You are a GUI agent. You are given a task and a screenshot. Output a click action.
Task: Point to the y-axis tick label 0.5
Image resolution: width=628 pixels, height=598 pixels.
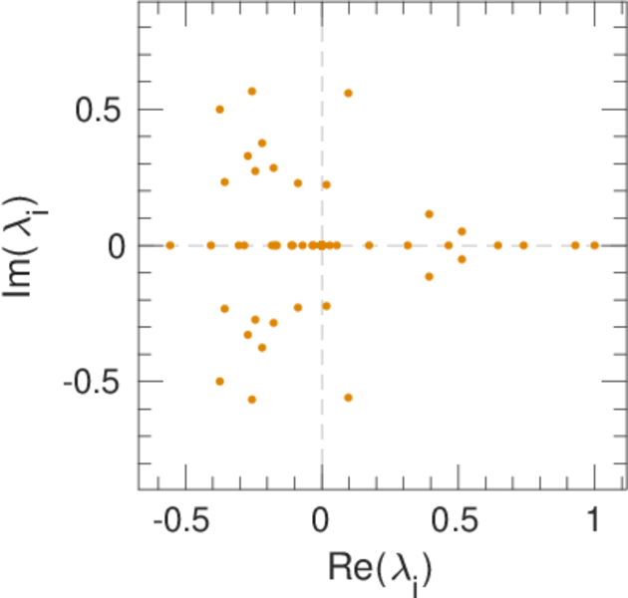click(102, 110)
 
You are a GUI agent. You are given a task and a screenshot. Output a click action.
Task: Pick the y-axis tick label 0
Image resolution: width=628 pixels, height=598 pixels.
click(117, 245)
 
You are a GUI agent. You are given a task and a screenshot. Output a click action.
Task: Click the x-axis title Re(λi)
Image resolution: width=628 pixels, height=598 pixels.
click(381, 568)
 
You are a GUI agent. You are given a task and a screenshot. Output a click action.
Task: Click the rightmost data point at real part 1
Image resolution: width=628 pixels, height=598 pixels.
click(594, 245)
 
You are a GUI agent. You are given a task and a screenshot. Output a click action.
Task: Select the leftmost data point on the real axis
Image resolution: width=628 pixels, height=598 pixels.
click(170, 245)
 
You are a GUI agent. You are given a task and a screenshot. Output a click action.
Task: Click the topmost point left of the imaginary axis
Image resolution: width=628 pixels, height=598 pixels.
click(252, 92)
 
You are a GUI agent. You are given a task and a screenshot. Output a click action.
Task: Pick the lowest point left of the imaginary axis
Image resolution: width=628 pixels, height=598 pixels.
click(252, 399)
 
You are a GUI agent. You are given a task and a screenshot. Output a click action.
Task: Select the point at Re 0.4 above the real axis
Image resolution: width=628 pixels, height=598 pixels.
click(430, 214)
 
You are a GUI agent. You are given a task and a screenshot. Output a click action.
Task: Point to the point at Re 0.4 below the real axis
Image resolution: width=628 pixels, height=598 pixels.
click(430, 276)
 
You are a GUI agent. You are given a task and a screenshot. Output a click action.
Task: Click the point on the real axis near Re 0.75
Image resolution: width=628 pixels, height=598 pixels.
click(524, 245)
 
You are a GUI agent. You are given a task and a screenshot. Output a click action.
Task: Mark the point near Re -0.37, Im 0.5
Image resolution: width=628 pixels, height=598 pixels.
click(220, 110)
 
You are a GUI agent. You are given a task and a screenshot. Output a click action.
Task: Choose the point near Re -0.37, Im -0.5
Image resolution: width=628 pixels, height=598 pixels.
click(220, 381)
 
